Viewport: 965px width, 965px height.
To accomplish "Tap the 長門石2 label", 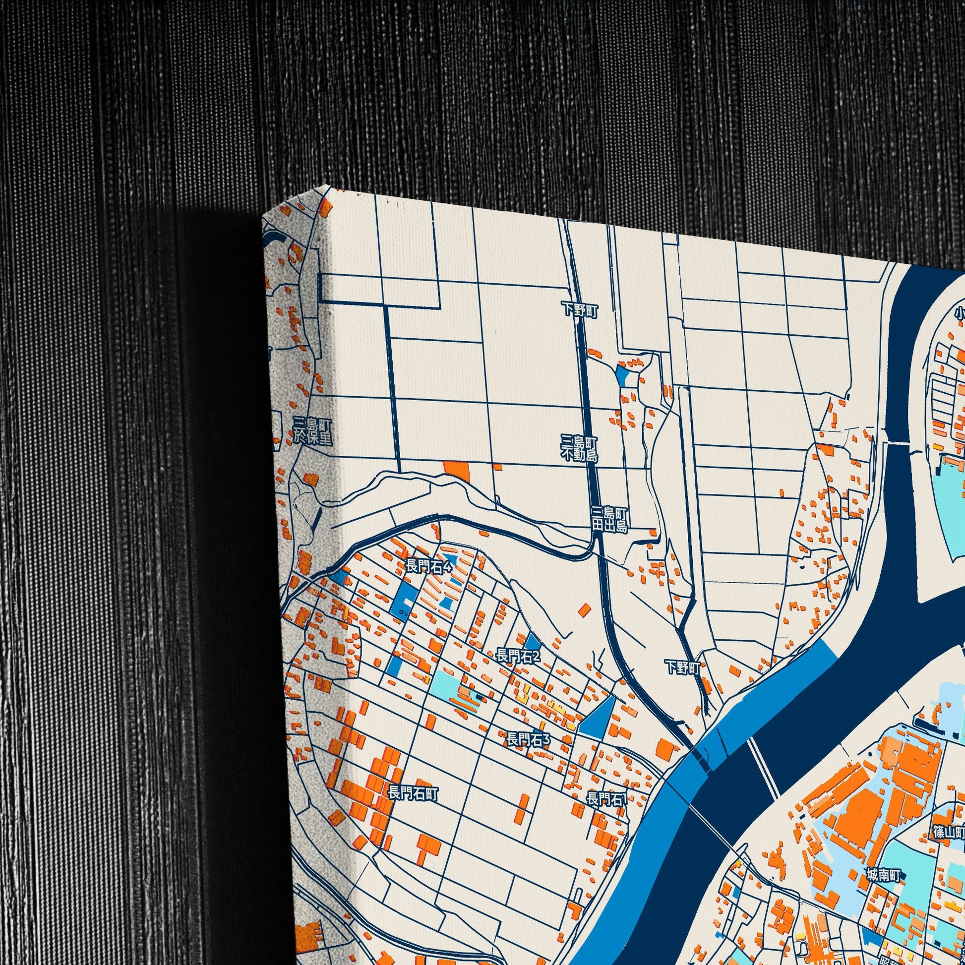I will click(x=518, y=656).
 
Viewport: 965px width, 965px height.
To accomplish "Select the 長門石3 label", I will click(x=528, y=740).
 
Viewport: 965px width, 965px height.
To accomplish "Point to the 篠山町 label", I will click(x=949, y=650).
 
